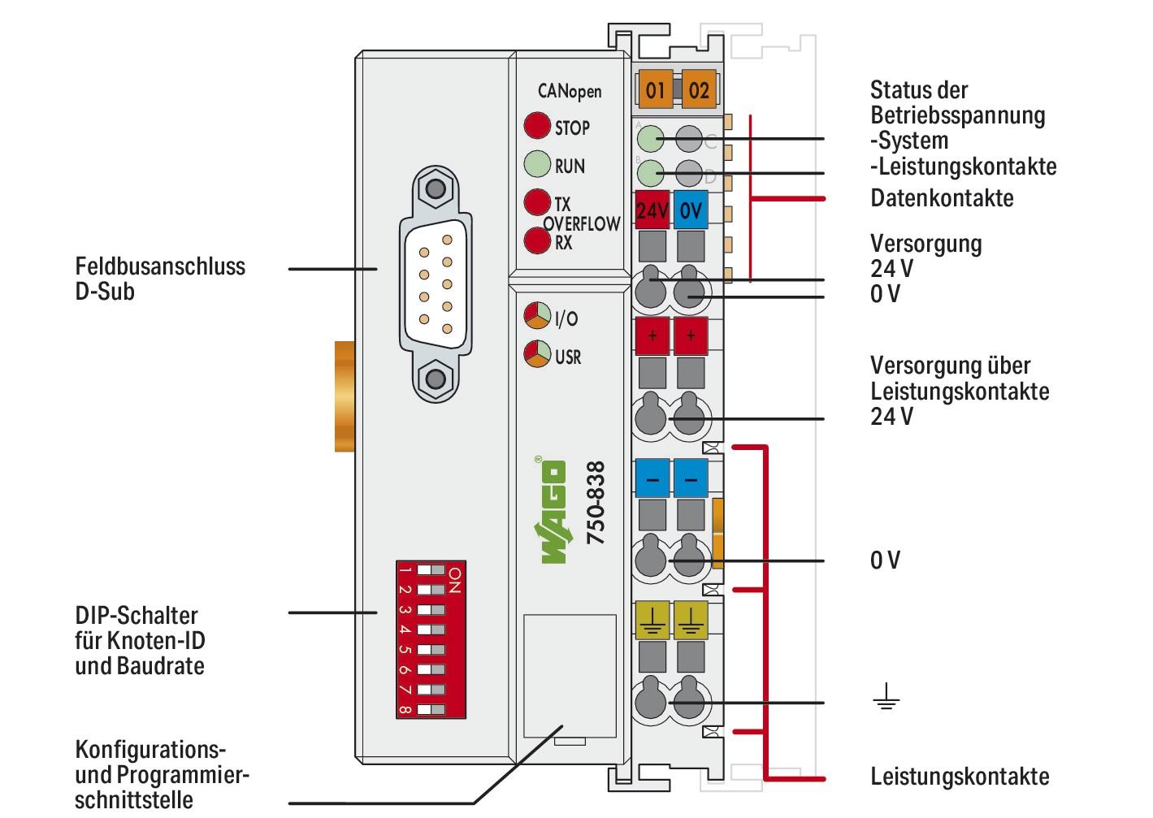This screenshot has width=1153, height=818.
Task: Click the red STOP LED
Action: (x=536, y=126)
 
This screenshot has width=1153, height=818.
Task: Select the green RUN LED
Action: (x=536, y=164)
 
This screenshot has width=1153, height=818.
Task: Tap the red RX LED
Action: (x=536, y=241)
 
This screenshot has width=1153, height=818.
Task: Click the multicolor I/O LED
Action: (x=536, y=316)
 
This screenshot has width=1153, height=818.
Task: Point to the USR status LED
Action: (x=536, y=354)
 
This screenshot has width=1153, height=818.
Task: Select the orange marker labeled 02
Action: (x=698, y=89)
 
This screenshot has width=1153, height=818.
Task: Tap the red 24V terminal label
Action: (x=652, y=211)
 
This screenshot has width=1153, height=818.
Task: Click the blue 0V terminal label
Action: (x=691, y=211)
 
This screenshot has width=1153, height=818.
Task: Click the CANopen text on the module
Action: (x=570, y=91)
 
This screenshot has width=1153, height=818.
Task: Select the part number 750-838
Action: (x=596, y=503)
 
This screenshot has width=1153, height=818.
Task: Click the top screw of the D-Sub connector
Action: (x=436, y=189)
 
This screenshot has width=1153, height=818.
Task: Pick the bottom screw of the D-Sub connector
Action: (x=436, y=379)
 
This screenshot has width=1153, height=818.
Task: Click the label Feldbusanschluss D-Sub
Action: (x=160, y=279)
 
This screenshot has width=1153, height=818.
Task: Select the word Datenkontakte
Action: (x=942, y=198)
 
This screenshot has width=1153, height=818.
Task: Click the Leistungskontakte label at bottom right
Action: (x=960, y=776)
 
